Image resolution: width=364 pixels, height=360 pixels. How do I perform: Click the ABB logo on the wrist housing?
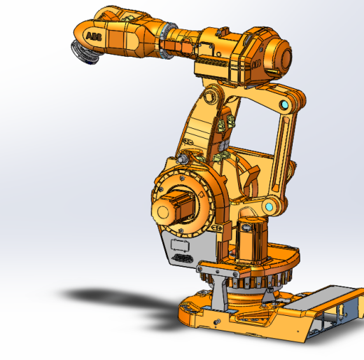coord(94,36)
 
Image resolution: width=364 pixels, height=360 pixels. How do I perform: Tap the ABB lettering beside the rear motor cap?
coord(256,64)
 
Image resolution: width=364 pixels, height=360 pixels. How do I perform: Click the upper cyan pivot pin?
coord(284,105)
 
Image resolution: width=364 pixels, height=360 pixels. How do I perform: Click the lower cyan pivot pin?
coord(269,207)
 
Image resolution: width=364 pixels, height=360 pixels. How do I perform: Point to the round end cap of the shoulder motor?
coord(163,212)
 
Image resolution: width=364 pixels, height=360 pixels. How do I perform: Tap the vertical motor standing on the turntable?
coord(251,240)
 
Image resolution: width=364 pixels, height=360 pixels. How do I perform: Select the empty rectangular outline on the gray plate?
coord(180,245)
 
